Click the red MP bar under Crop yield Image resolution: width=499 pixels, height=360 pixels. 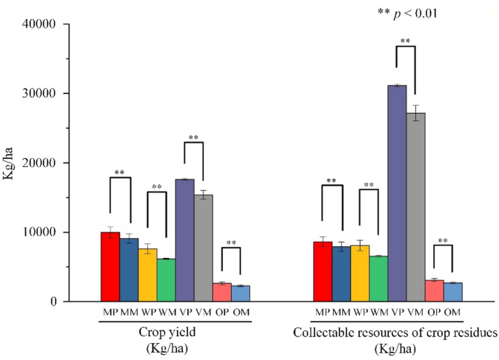coord(110,267)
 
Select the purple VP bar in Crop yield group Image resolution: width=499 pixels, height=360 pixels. coord(184,240)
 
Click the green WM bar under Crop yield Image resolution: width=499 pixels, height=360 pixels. coord(166,280)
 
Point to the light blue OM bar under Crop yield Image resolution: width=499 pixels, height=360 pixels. coord(240,293)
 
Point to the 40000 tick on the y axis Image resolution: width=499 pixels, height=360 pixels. coord(46,24)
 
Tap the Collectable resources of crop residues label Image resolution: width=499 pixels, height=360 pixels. coord(395,332)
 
